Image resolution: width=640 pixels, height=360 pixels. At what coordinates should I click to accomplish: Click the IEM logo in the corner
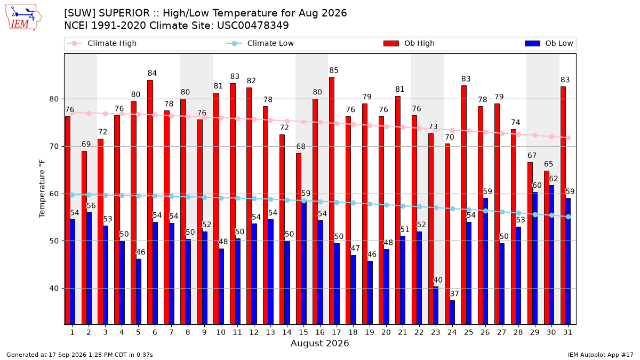point(23,18)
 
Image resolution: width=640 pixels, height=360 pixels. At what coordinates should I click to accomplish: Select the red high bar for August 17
point(332,201)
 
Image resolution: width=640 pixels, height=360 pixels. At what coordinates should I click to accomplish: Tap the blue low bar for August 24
point(452,313)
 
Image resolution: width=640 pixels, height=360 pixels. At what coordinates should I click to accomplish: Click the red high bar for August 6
point(150,202)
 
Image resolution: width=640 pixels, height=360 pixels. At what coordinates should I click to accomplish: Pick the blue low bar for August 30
point(551,255)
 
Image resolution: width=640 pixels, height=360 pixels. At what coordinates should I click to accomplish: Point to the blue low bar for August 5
point(139,291)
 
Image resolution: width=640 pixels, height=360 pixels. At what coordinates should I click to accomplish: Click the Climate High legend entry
point(101,43)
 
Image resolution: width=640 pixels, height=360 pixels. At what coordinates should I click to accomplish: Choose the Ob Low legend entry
point(549,43)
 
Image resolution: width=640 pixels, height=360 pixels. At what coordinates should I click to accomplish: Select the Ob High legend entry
point(409,43)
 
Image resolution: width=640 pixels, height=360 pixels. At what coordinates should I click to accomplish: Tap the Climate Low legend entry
point(260,43)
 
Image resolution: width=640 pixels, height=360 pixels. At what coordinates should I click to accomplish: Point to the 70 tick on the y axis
point(54,146)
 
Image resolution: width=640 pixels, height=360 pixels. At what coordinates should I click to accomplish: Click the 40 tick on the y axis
point(54,289)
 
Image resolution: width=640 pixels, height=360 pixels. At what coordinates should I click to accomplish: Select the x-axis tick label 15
point(303,332)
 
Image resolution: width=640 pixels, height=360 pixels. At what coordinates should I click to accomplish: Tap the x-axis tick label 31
point(567,332)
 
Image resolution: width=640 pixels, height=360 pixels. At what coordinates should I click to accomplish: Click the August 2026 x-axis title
point(319,343)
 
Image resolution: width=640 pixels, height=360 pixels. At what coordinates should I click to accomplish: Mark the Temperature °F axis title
point(42,189)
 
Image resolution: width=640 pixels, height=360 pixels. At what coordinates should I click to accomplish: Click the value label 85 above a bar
point(334,70)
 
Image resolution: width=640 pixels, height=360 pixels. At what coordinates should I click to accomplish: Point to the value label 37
point(454,294)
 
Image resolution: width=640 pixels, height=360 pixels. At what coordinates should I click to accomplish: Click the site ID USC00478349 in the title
point(253,26)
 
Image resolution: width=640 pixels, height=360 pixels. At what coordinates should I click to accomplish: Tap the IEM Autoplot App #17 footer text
point(601,355)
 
